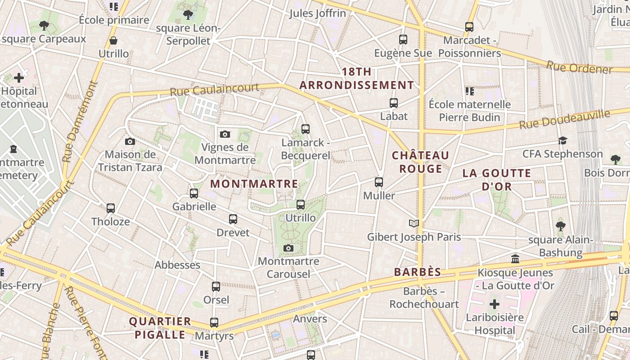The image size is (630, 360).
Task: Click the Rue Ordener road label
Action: pyautogui.click(x=579, y=67)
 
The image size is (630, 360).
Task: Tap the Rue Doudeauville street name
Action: pyautogui.click(x=565, y=119)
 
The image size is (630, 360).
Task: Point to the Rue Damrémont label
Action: pyautogui.click(x=80, y=121)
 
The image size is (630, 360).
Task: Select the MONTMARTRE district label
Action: pyautogui.click(x=254, y=184)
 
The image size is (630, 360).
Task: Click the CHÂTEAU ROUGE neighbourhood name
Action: pyautogui.click(x=420, y=162)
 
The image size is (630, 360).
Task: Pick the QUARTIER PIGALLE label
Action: pyautogui.click(x=160, y=328)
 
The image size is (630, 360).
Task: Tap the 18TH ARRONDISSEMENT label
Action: pyautogui.click(x=356, y=79)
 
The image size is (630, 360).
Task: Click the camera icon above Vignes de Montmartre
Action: pyautogui.click(x=225, y=134)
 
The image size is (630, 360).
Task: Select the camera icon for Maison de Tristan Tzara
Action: pyautogui.click(x=130, y=142)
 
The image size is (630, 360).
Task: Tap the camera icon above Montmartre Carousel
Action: pyautogui.click(x=288, y=248)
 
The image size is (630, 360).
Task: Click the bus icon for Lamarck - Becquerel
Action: pyautogui.click(x=306, y=129)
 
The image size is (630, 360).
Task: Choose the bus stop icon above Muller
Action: pyautogui.click(x=379, y=182)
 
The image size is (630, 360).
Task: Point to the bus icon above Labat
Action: pyautogui.click(x=394, y=103)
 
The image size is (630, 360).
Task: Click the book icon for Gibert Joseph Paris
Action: pyautogui.click(x=414, y=223)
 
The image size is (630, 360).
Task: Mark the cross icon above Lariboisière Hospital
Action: pyautogui.click(x=495, y=304)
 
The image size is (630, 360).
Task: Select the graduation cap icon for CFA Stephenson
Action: pyautogui.click(x=562, y=140)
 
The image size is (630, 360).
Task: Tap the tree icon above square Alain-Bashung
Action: pyautogui.click(x=560, y=226)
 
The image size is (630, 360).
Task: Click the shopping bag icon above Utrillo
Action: pyautogui.click(x=113, y=40)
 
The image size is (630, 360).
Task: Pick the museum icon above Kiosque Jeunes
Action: pyautogui.click(x=515, y=259)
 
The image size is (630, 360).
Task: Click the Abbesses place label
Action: pyautogui.click(x=177, y=265)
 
